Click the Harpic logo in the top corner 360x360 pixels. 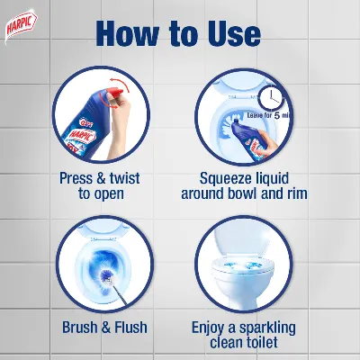tap(21, 26)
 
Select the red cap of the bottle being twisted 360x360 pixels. tap(114, 93)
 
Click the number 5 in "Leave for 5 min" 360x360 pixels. tap(277, 115)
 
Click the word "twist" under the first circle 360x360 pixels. tap(124, 178)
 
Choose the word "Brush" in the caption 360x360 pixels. tap(80, 327)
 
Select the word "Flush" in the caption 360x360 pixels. tap(130, 327)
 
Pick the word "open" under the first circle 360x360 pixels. tap(109, 194)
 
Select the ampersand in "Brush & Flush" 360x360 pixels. tap(106, 327)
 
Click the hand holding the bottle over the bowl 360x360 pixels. tap(268, 143)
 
